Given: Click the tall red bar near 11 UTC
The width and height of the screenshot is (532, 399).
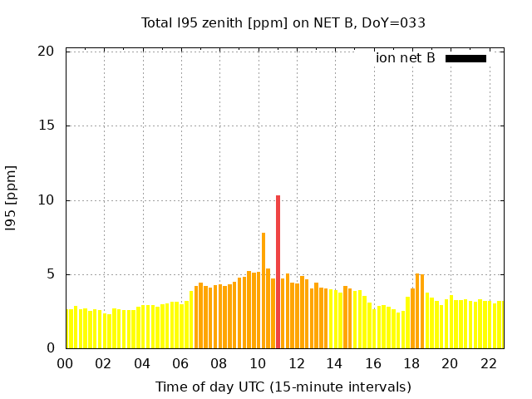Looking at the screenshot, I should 278,272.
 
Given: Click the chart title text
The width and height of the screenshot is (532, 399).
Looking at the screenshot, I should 283,22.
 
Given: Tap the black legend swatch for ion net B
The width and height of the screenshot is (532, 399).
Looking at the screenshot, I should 465,58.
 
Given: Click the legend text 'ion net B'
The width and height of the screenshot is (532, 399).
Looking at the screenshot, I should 405,58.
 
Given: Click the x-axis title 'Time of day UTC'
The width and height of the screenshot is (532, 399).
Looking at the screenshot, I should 283,387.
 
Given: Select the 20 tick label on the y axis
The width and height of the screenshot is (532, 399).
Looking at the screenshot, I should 46,52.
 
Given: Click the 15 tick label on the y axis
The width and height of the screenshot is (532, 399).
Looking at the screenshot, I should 46,126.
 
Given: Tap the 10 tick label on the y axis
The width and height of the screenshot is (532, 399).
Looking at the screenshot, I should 46,200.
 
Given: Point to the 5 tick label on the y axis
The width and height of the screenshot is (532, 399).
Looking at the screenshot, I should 50,274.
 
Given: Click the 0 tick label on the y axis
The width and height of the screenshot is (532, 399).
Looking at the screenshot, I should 50,348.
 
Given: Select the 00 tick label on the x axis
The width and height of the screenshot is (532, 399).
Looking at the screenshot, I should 65,364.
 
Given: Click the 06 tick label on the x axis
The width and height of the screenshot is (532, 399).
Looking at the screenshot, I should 180,364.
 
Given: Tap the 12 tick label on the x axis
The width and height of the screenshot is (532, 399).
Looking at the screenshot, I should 296,364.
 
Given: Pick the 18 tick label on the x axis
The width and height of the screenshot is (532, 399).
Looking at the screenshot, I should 411,364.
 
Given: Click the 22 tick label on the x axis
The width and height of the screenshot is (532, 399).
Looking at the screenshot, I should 489,364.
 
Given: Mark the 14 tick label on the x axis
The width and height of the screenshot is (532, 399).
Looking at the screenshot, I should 334,364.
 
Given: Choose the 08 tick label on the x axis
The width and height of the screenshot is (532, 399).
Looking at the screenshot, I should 219,364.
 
